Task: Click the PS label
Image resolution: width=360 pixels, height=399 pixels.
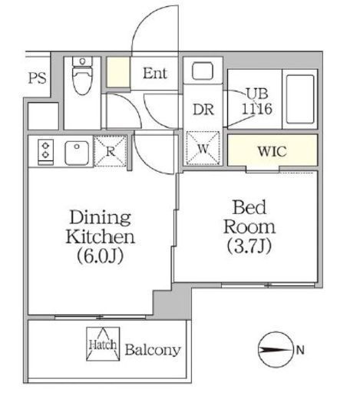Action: [37, 77]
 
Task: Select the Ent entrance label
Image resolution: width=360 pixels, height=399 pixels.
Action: [155, 74]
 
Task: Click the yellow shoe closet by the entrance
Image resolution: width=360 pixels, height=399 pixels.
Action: [118, 72]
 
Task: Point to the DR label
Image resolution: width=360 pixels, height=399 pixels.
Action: [203, 110]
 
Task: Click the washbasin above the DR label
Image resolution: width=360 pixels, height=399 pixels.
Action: [203, 71]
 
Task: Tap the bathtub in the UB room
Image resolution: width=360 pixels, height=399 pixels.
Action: [300, 99]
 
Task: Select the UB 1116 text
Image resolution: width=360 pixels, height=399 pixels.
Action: [257, 101]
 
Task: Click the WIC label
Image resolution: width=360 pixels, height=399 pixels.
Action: [272, 151]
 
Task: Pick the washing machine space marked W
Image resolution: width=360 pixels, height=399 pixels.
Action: [203, 148]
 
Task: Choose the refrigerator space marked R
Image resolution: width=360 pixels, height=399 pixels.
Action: [111, 151]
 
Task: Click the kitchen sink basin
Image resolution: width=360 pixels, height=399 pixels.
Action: [77, 153]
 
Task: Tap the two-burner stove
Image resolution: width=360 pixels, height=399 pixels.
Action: [46, 152]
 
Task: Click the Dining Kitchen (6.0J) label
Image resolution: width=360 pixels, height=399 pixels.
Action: [101, 236]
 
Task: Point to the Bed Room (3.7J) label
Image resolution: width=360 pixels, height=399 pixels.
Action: [249, 227]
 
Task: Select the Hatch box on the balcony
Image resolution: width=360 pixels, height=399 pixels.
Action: [103, 344]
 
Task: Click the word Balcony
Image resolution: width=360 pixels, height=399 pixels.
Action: [153, 350]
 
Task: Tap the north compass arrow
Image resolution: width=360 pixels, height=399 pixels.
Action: [275, 350]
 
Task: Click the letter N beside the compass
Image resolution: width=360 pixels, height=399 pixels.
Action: [300, 350]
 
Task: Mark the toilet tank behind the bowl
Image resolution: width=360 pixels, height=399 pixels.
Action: [82, 61]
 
